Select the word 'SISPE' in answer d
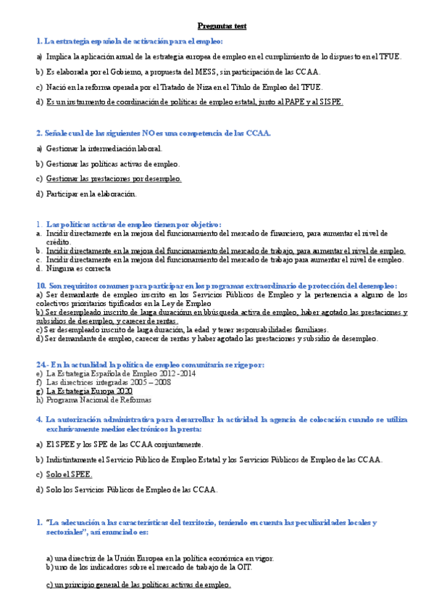(x=330, y=102)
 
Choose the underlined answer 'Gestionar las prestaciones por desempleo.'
(x=113, y=178)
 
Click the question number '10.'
(x=41, y=286)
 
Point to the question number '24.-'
(x=43, y=363)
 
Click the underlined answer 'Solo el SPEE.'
(x=69, y=474)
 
